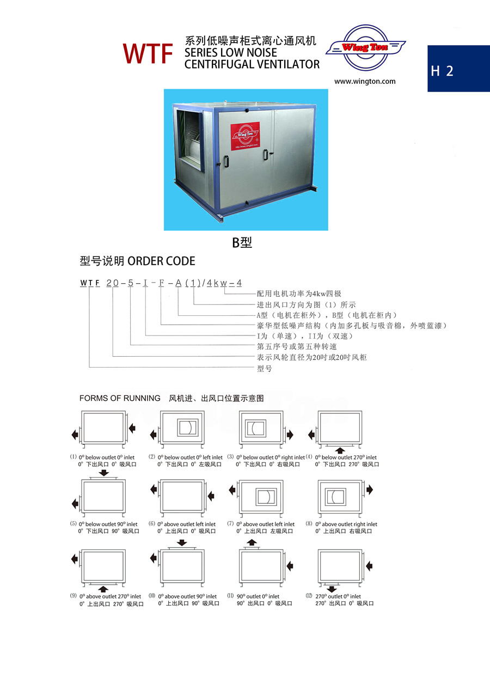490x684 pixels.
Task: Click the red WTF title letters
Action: [148, 53]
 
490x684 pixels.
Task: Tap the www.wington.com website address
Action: [365, 82]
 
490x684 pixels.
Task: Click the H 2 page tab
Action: [442, 71]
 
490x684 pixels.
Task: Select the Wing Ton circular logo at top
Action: [365, 48]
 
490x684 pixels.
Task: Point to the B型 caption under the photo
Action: [242, 243]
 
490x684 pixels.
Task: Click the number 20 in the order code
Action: [112, 283]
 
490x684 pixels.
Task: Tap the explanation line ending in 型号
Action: [264, 369]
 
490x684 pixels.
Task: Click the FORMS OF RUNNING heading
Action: [120, 398]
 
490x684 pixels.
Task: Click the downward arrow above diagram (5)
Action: [103, 473]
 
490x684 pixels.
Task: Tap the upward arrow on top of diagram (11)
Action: [252, 542]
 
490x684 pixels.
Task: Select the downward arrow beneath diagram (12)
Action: [332, 589]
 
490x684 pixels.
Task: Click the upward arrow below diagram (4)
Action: [340, 450]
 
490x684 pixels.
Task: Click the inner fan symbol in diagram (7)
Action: [264, 497]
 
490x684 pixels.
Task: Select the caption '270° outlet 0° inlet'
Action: [338, 596]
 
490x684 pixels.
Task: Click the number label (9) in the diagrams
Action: [73, 596]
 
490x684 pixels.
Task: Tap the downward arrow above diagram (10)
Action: [182, 543]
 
